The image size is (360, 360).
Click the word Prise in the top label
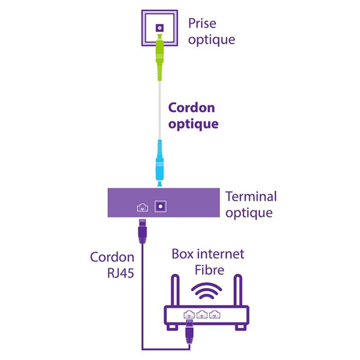pos(203,23)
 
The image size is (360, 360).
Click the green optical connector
pos(159,51)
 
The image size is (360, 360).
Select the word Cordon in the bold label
pos(191,108)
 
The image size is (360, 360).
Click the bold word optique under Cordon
pos(193,124)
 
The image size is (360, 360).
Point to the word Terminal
pos(251,196)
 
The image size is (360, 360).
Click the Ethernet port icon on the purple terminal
pos(142,207)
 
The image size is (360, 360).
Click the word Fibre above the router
pos(209,269)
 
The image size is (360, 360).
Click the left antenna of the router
pos(175,291)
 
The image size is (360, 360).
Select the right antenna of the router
pos(238,291)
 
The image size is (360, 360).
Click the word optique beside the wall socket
pos(211,39)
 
